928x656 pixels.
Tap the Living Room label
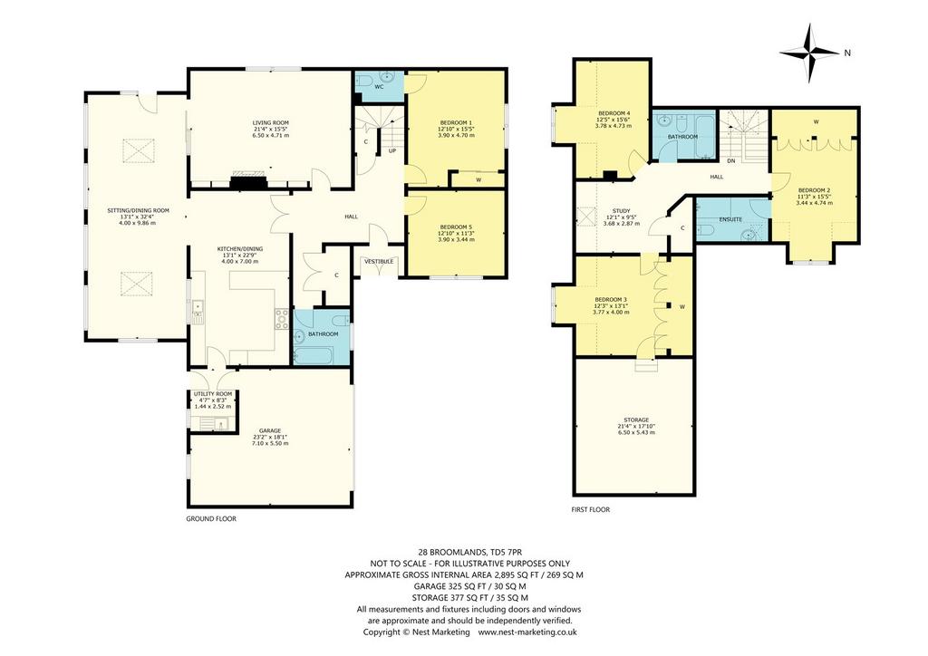click(x=271, y=123)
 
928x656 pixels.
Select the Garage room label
click(x=270, y=430)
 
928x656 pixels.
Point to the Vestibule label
click(x=378, y=262)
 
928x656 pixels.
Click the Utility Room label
click(x=213, y=394)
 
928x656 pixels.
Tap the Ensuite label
click(x=730, y=219)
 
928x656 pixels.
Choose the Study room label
click(x=622, y=211)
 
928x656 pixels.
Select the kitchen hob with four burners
click(x=282, y=319)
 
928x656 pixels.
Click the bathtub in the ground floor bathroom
click(x=313, y=355)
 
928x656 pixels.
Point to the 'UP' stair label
click(x=391, y=150)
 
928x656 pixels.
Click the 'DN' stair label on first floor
click(x=731, y=161)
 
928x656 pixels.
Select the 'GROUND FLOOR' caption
click(x=211, y=519)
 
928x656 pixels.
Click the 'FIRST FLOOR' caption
click(x=590, y=509)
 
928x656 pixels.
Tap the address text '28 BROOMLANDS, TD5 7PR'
click(x=464, y=553)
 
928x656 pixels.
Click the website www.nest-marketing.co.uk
click(x=527, y=632)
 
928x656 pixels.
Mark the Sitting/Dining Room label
click(x=138, y=210)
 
